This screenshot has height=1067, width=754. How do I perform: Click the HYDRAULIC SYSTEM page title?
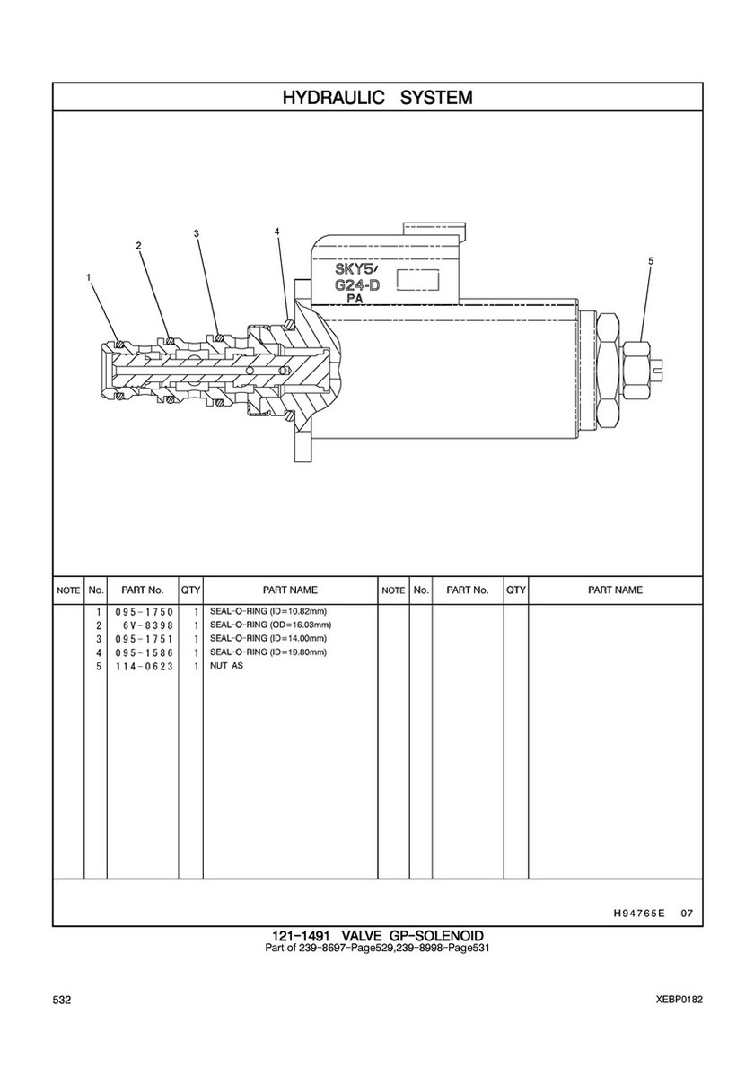click(x=377, y=97)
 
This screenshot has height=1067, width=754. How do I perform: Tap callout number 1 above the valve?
click(x=88, y=276)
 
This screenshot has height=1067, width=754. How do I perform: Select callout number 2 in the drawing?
click(x=139, y=246)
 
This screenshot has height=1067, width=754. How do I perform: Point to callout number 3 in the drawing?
click(x=196, y=233)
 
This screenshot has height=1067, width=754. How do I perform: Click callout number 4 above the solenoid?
click(x=277, y=232)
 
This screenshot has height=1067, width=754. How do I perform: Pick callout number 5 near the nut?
click(x=651, y=260)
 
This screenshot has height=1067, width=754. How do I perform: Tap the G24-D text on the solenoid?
click(x=356, y=285)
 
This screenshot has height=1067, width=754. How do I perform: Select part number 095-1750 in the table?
click(x=145, y=612)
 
